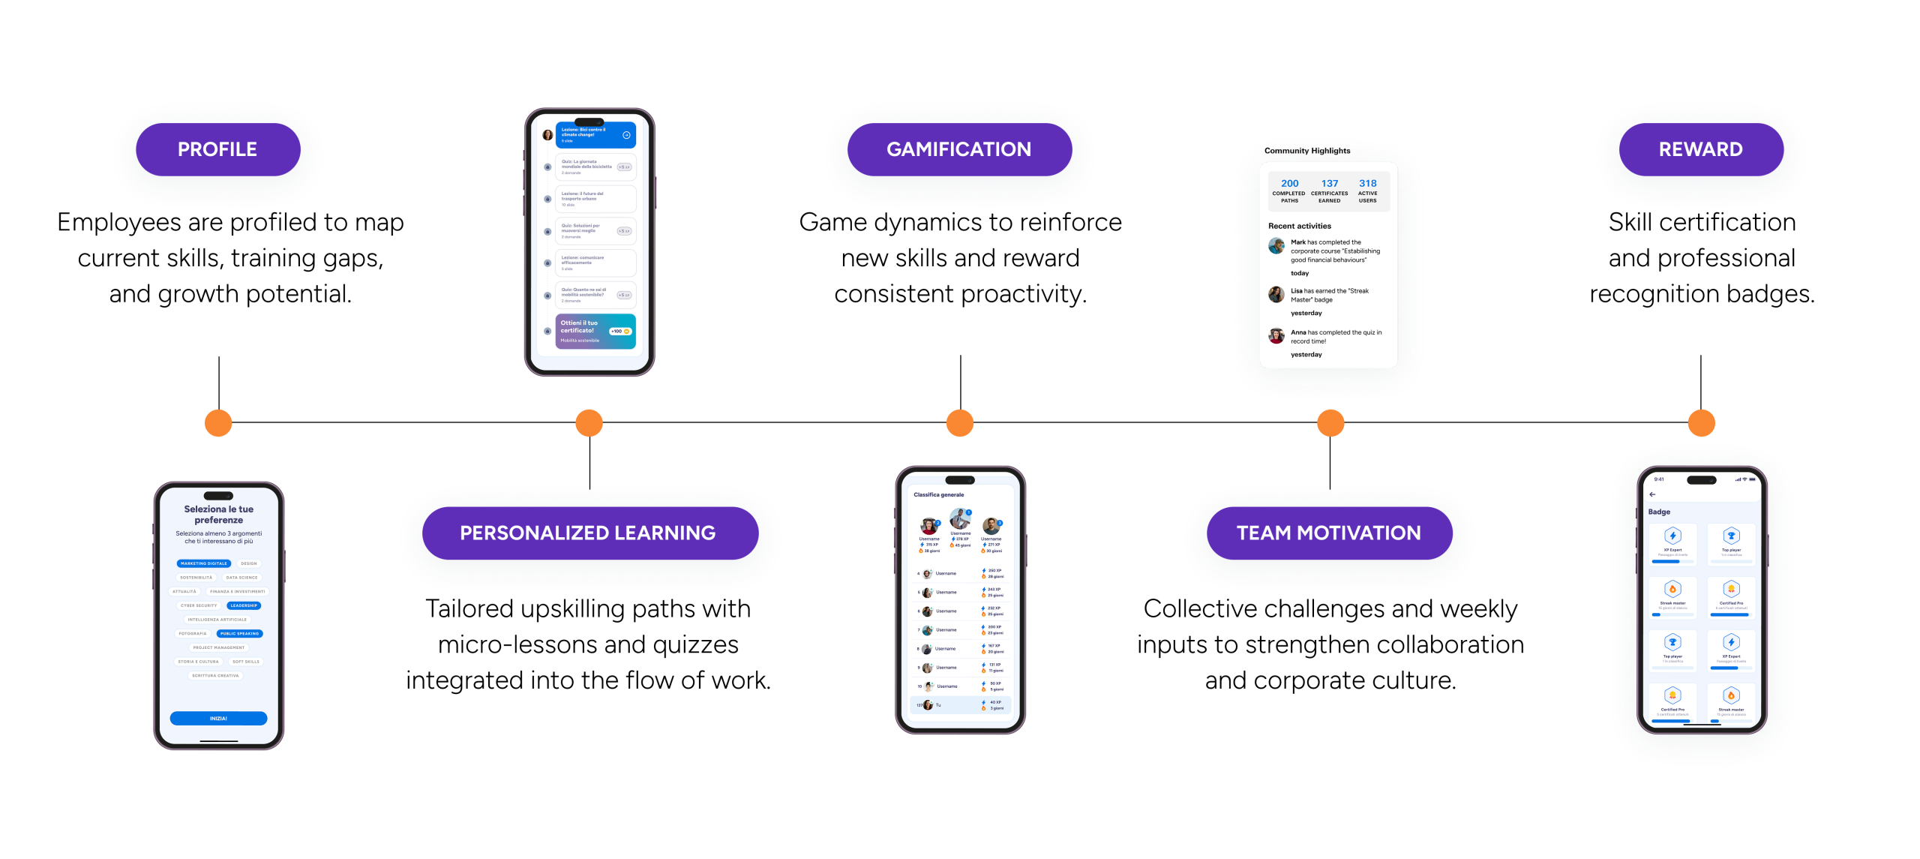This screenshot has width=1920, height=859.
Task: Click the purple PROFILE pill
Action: pyautogui.click(x=217, y=149)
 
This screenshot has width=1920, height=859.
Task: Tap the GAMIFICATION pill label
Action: pyautogui.click(x=959, y=149)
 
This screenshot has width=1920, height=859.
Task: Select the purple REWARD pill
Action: pyautogui.click(x=1701, y=149)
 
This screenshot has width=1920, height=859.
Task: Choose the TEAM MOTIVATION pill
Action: pyautogui.click(x=1329, y=533)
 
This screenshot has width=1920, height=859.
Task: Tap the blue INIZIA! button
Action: pyautogui.click(x=218, y=718)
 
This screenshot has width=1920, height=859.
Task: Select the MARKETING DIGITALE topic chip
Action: pyautogui.click(x=203, y=563)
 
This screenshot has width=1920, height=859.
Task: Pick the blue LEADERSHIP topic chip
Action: pyautogui.click(x=244, y=605)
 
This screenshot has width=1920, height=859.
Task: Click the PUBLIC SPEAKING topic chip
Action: pyautogui.click(x=239, y=633)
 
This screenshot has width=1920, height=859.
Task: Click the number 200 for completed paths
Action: pyautogui.click(x=1290, y=184)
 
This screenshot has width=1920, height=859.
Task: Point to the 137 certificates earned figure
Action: pyautogui.click(x=1330, y=184)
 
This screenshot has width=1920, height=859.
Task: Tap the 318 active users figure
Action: pyautogui.click(x=1368, y=184)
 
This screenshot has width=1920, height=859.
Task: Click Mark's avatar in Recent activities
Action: pyautogui.click(x=1276, y=245)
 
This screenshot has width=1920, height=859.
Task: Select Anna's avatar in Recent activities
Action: pyautogui.click(x=1276, y=335)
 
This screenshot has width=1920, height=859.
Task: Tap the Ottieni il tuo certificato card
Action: pyautogui.click(x=595, y=331)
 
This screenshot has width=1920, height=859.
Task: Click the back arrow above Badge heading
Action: pyautogui.click(x=1652, y=494)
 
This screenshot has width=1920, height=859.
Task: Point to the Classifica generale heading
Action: pyautogui.click(x=939, y=495)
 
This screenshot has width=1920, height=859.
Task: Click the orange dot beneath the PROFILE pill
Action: pyautogui.click(x=218, y=423)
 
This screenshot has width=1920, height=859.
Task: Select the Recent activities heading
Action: pyautogui.click(x=1300, y=226)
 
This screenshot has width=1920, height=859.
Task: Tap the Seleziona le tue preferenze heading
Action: pyautogui.click(x=219, y=514)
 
